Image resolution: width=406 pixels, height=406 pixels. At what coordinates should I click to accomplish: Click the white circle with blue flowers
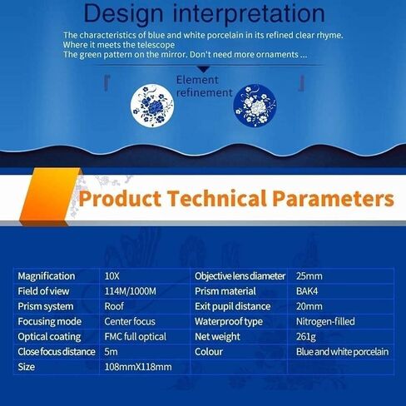pos(152,106)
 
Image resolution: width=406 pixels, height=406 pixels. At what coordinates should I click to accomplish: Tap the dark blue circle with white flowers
pos(255,106)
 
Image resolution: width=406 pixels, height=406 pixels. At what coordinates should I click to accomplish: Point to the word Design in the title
pos(123,14)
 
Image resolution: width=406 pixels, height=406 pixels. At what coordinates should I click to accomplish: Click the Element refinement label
pos(204,87)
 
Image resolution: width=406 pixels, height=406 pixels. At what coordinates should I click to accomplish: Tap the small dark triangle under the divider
pos(204,69)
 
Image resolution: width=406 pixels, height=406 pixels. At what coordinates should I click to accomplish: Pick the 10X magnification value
pos(112,276)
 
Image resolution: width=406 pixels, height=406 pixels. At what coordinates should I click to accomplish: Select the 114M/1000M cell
pos(131,291)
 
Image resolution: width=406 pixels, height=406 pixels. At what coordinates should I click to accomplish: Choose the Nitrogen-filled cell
pos(325,321)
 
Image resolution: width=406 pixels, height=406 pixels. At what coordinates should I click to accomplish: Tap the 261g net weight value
pos(306,337)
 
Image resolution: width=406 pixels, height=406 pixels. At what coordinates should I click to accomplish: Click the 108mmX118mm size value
pos(138,367)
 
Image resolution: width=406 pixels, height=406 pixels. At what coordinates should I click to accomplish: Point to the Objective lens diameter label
pos(240,276)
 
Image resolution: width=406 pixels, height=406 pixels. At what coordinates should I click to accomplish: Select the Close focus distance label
pos(57,352)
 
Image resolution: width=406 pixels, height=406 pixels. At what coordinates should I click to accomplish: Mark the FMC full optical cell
pos(136,337)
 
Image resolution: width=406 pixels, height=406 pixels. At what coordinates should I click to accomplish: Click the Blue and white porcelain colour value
pos(342,352)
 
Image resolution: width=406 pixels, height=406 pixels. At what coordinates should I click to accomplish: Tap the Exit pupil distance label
pos(232,306)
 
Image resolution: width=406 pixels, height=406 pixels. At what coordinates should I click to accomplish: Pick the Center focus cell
pos(130,321)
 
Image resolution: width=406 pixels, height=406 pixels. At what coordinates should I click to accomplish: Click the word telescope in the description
pos(156,45)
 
